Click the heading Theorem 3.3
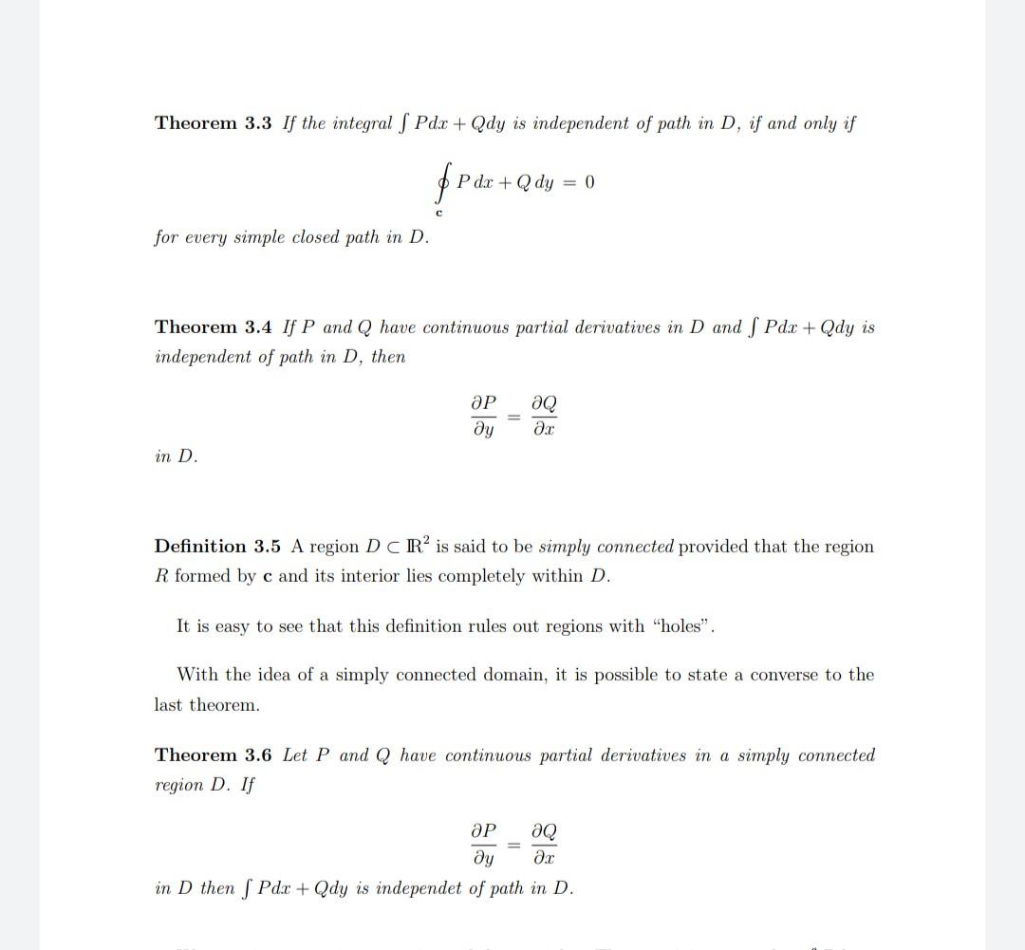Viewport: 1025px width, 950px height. (x=213, y=123)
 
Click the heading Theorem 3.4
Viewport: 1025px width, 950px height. (x=213, y=327)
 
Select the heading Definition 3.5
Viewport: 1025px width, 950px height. (x=217, y=547)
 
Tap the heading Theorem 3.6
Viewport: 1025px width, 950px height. (x=213, y=755)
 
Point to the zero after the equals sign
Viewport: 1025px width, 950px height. (x=589, y=182)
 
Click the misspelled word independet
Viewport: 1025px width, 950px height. (x=424, y=888)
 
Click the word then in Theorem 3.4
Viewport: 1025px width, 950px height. (x=387, y=357)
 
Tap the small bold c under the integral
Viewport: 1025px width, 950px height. (x=438, y=213)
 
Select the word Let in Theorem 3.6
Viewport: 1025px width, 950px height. (x=295, y=755)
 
